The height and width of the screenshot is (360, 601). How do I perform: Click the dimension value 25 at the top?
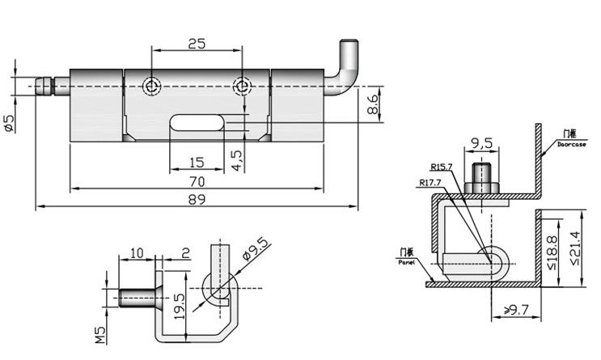(x=197, y=44)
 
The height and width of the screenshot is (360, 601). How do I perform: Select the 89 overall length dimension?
(x=197, y=198)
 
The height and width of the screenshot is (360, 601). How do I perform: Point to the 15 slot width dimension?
(x=197, y=160)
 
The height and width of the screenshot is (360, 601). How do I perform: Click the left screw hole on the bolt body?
(x=150, y=85)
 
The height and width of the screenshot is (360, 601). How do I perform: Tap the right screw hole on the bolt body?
(x=242, y=85)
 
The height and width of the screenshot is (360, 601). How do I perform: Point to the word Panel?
(x=405, y=263)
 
